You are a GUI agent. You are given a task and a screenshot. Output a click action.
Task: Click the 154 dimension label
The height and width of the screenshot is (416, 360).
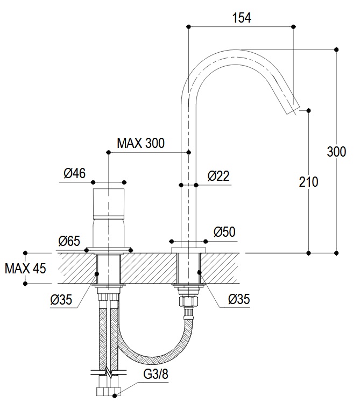pyautogui.click(x=242, y=18)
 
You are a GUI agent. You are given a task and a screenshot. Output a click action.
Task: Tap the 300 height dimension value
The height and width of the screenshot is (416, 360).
pyautogui.click(x=336, y=152)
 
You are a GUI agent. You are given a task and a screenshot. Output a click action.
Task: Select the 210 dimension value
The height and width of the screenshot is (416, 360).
pyautogui.click(x=308, y=182)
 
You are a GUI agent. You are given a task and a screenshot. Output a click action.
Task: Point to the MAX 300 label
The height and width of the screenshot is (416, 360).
pyautogui.click(x=140, y=143)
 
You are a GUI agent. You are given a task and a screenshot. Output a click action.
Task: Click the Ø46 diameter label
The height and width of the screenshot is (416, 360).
pyautogui.click(x=75, y=173)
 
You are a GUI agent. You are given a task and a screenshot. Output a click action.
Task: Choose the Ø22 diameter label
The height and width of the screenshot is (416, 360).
pyautogui.click(x=218, y=176)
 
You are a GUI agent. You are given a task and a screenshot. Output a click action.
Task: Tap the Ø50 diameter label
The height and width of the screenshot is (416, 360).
pyautogui.click(x=224, y=232)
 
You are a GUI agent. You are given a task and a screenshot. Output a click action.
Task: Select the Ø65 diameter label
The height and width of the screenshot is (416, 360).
pyautogui.click(x=69, y=241)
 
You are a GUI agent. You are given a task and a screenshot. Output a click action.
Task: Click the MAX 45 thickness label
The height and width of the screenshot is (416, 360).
pyautogui.click(x=25, y=269)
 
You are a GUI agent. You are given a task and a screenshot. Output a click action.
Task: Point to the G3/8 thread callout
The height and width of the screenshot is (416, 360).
pyautogui.click(x=156, y=374)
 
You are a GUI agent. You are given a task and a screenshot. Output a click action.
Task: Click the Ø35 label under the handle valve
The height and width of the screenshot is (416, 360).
pyautogui.click(x=61, y=300)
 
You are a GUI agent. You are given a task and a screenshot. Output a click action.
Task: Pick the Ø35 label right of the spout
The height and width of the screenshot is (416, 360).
pyautogui.click(x=239, y=299)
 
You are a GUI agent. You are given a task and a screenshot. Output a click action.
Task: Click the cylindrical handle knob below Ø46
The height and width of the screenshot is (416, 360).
pyautogui.click(x=109, y=204)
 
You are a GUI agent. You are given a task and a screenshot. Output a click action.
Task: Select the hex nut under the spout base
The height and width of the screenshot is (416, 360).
pyautogui.click(x=189, y=301)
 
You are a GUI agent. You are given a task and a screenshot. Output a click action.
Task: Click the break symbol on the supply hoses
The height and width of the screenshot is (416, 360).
pyautogui.click(x=109, y=372)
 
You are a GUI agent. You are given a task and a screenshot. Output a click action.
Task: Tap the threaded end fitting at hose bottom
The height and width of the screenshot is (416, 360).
pyautogui.click(x=109, y=391)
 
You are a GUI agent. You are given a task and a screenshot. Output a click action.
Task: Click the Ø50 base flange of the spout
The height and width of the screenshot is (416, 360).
pyautogui.click(x=189, y=250)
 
